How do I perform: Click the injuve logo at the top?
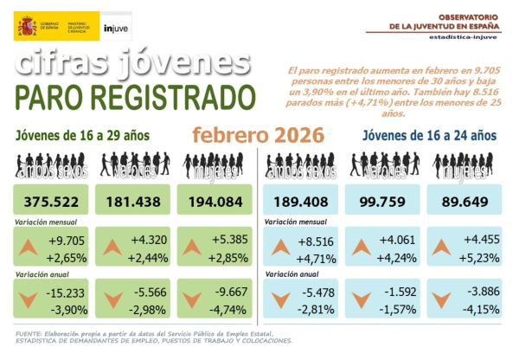pyautogui.click(x=115, y=28)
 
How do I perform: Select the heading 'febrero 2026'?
pyautogui.click(x=258, y=136)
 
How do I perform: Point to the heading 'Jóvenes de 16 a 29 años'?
pyautogui.click(x=82, y=135)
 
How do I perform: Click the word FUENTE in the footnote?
pyautogui.click(x=34, y=333)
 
